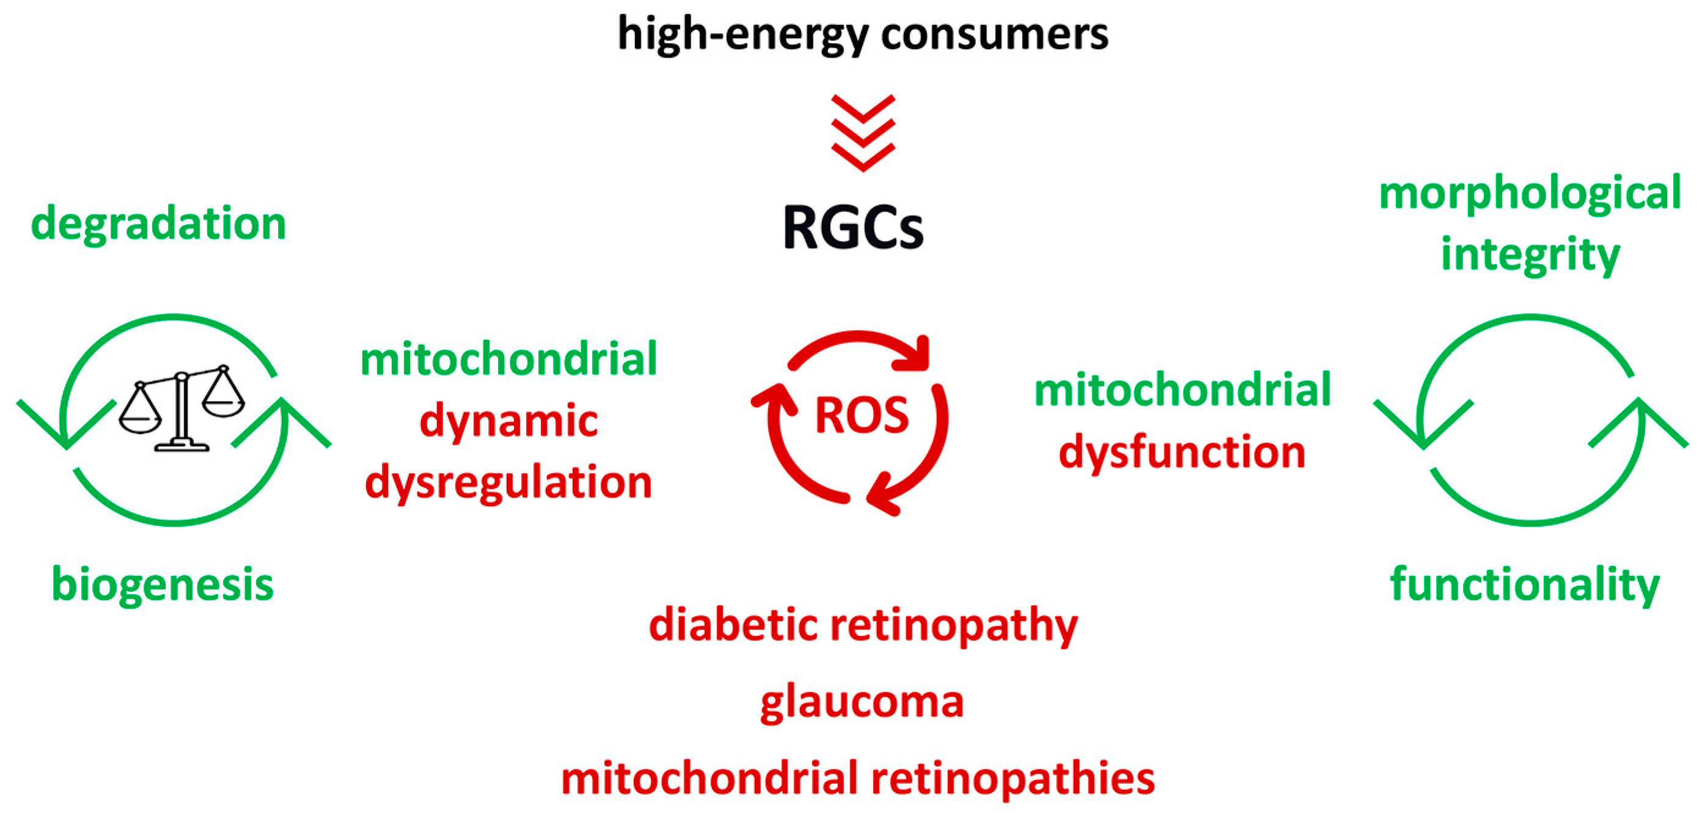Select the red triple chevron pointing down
point(863,133)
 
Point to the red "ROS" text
point(861,416)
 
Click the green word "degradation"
point(159,224)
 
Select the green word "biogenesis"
point(163,585)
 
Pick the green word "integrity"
point(1530,255)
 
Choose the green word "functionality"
point(1524,585)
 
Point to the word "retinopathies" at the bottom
point(1013,779)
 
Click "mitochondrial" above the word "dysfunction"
point(1182,391)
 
